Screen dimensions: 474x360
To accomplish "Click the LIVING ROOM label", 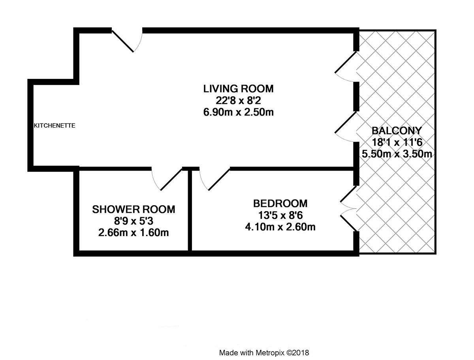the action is coord(239,89).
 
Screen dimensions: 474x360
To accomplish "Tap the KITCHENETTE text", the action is coord(55,126).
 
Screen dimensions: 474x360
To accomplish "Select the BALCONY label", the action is coord(397,131).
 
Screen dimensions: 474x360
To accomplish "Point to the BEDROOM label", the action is coord(280,204).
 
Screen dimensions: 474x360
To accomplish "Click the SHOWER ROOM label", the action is coord(134,210).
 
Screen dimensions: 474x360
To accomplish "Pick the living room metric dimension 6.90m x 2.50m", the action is coord(239,112).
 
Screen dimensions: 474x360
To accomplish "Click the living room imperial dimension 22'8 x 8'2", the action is coord(239,101).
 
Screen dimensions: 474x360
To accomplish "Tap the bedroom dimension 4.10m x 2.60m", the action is coord(280,227).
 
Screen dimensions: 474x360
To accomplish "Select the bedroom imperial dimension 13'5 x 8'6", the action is coord(280,215).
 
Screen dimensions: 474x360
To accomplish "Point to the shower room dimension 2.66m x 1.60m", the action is coord(134,233).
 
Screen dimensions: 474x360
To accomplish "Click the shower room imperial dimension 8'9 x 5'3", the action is coord(134,221).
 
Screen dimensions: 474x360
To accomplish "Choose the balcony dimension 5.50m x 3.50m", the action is coord(397,154).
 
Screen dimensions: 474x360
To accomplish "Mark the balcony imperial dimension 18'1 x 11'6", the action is coord(397,142).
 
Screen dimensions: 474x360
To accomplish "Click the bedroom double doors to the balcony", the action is coord(348,208).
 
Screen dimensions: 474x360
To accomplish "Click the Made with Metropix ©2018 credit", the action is coord(264,353).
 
